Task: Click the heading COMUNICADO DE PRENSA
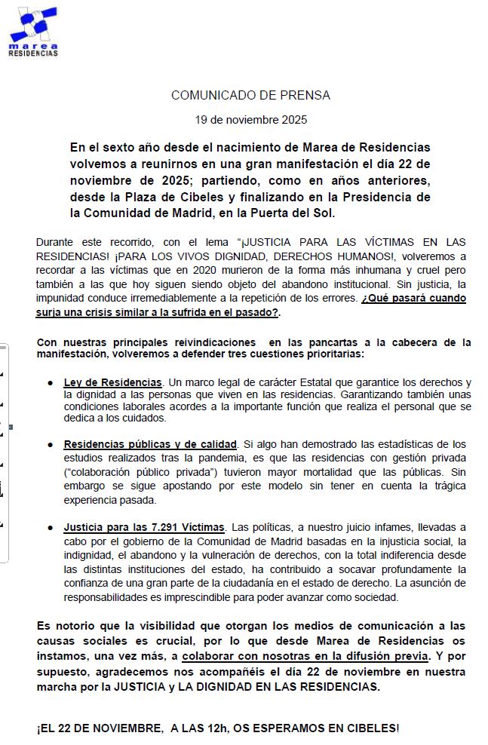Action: tap(250, 96)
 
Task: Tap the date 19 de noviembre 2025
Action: tap(250, 120)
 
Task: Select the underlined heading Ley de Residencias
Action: tap(112, 383)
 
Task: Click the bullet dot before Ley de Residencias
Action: tap(49, 383)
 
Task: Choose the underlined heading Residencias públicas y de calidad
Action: tap(151, 444)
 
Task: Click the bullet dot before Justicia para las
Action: tap(49, 526)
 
